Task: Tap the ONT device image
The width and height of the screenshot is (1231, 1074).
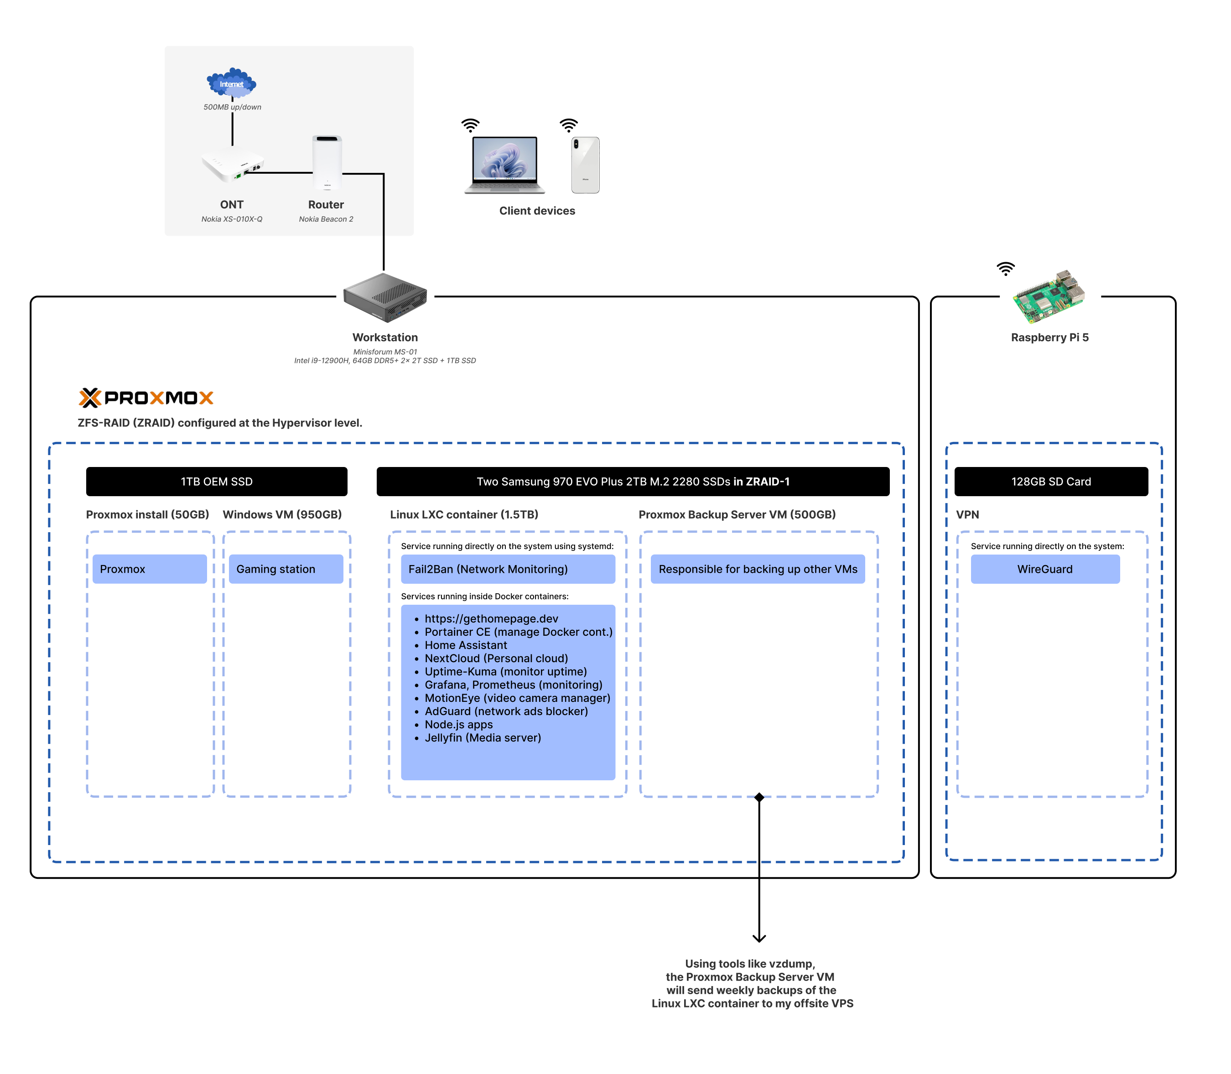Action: [x=233, y=164]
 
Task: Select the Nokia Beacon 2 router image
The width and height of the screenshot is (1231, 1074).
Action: [x=327, y=162]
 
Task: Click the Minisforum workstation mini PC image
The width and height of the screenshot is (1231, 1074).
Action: [x=385, y=297]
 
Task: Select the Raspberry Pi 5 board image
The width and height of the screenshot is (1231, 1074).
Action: [x=1049, y=297]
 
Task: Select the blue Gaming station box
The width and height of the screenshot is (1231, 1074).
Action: [x=286, y=569]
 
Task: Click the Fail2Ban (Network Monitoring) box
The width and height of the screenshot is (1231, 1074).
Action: [x=508, y=569]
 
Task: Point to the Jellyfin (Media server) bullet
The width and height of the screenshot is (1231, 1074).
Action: [x=483, y=738]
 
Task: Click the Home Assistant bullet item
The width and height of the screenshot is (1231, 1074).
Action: [x=466, y=645]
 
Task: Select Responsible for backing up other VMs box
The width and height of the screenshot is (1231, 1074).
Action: [x=758, y=569]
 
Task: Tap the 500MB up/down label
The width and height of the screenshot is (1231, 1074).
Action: [x=232, y=107]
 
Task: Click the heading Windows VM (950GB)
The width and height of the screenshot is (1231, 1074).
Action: [x=282, y=514]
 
